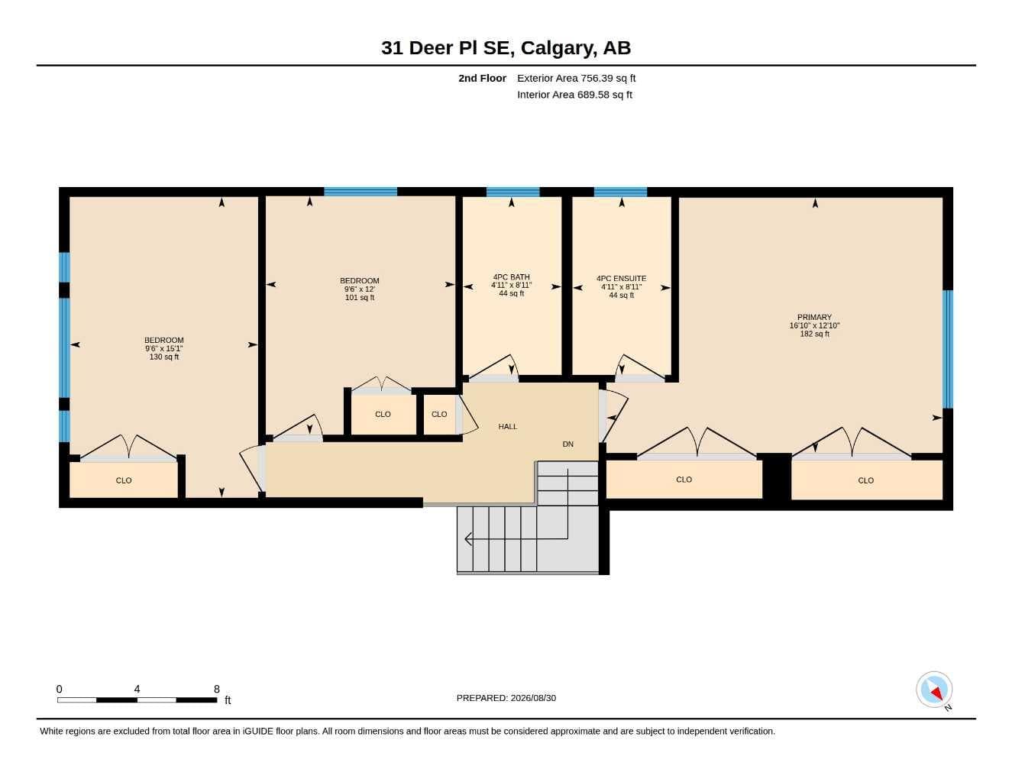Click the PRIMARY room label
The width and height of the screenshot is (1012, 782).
[814, 317]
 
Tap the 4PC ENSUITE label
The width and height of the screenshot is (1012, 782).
[621, 278]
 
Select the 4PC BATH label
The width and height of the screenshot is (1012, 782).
[512, 277]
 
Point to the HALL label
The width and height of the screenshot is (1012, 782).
[508, 426]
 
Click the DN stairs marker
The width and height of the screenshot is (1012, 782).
[567, 444]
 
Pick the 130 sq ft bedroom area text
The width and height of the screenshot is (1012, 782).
[164, 357]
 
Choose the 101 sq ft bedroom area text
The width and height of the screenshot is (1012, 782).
[360, 297]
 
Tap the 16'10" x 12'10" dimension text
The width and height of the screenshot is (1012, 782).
[814, 325]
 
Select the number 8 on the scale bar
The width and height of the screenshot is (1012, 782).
[217, 689]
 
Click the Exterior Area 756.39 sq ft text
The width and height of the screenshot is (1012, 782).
[576, 78]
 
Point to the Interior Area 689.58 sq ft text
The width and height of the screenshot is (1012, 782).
[574, 95]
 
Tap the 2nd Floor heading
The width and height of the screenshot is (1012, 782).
[482, 78]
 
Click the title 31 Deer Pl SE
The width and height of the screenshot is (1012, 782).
[448, 48]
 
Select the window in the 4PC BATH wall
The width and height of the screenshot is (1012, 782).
[512, 192]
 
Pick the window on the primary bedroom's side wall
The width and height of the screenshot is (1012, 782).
[947, 349]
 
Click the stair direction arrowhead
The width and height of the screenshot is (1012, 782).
[468, 539]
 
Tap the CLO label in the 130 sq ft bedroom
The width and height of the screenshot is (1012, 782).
[124, 480]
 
